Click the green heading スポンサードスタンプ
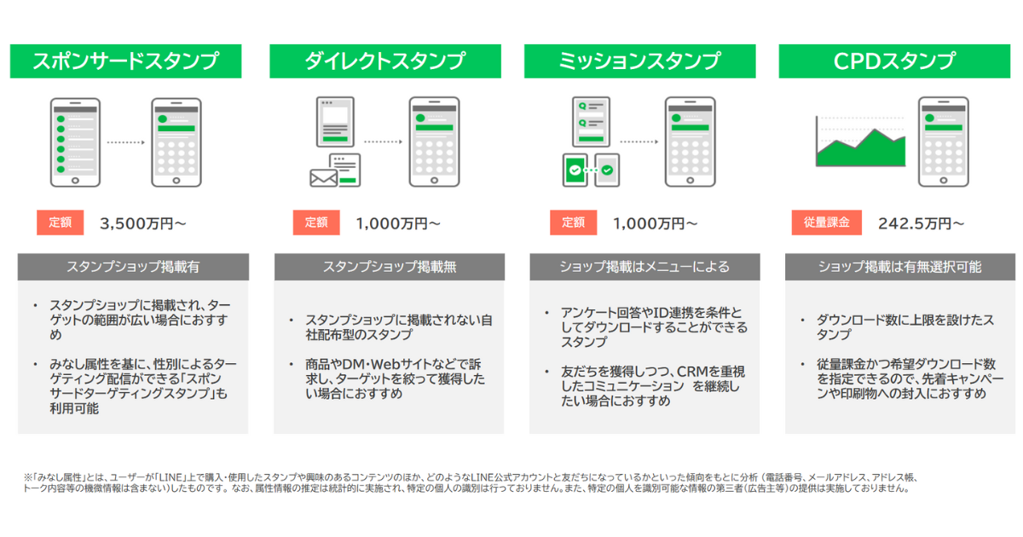coord(125,61)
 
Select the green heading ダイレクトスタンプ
coord(384,61)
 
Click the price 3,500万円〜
coord(142,223)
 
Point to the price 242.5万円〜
coord(922,223)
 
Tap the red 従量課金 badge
coord(826,222)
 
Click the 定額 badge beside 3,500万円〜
coord(60,222)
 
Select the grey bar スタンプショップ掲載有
coord(133,267)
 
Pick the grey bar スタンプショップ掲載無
coord(389,267)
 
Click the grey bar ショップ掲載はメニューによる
coord(644,267)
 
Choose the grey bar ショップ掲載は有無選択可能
coord(899,267)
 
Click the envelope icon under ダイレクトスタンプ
coord(323,176)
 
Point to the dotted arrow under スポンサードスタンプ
coord(126,142)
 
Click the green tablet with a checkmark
coord(577,170)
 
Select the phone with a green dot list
coord(75,141)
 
